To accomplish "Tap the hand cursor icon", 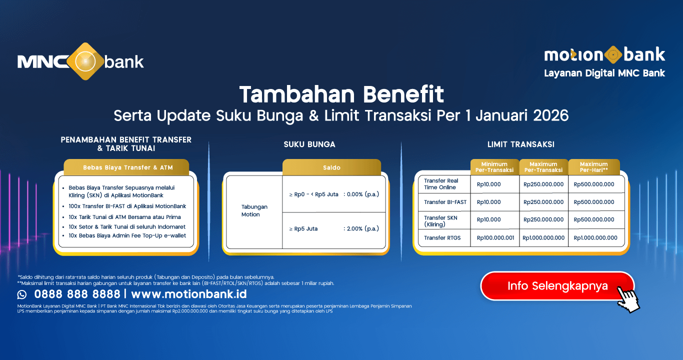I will click(x=628, y=298).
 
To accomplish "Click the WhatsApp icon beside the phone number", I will click(x=22, y=294).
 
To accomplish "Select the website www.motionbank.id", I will click(x=189, y=293).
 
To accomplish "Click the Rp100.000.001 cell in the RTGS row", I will click(x=495, y=238).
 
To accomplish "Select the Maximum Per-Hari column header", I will click(x=593, y=167).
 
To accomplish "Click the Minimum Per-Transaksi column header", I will click(x=494, y=167).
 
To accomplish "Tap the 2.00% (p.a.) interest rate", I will click(x=361, y=229).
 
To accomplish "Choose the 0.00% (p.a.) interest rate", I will click(x=361, y=194).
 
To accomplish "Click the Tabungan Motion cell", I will click(x=254, y=210).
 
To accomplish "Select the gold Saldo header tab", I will click(x=331, y=167).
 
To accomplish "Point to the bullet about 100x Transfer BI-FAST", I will click(x=127, y=206).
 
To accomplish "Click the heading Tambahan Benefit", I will click(x=341, y=94).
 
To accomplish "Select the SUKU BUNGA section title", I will click(x=309, y=144).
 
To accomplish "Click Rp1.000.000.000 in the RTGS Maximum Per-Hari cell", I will click(x=595, y=238).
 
